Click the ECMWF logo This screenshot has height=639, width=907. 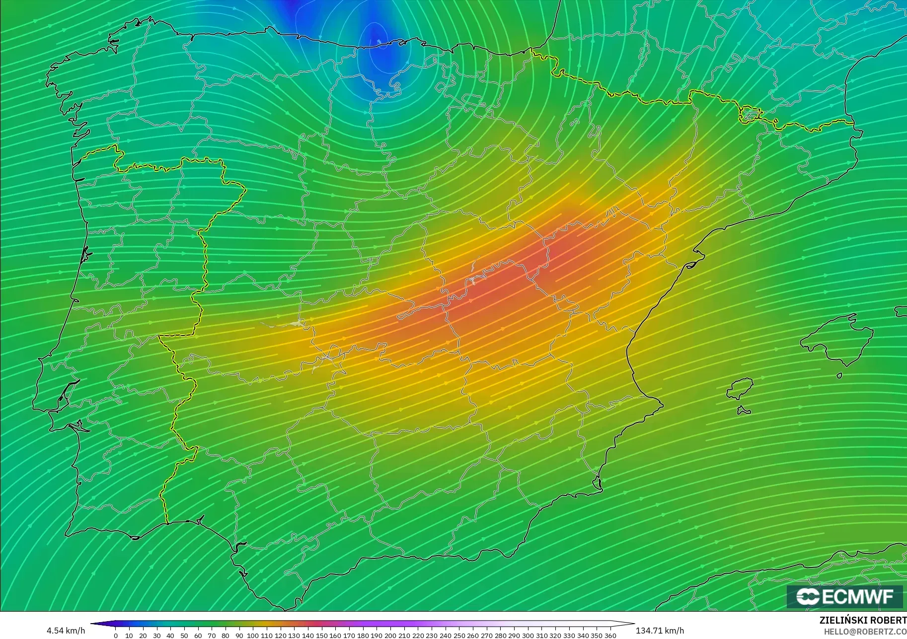click(x=844, y=596)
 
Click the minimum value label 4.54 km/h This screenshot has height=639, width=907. click(x=66, y=631)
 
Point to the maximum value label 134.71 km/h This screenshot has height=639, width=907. click(x=660, y=631)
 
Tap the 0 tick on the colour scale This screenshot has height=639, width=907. click(x=116, y=636)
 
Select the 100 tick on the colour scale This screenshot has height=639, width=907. click(x=253, y=636)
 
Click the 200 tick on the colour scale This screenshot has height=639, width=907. click(x=390, y=636)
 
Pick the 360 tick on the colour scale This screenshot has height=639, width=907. click(x=610, y=636)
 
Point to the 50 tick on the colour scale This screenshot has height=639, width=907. click(x=184, y=636)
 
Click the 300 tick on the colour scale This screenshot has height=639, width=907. click(x=528, y=636)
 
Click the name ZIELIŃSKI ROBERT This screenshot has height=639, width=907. click(x=863, y=621)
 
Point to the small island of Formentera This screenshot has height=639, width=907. click(x=744, y=411)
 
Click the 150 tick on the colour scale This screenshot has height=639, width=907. click(x=321, y=636)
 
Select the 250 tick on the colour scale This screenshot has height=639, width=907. click(x=459, y=636)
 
